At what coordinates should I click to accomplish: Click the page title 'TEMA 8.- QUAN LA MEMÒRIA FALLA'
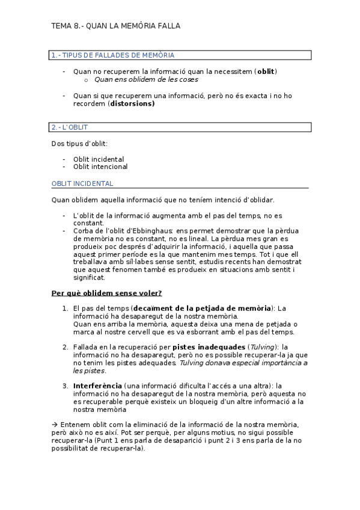pyautogui.click(x=115, y=26)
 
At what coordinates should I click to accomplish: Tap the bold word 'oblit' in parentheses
pyautogui.click(x=266, y=71)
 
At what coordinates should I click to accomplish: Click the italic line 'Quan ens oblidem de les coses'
pyautogui.click(x=146, y=79)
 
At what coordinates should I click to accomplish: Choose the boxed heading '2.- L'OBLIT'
pyautogui.click(x=70, y=127)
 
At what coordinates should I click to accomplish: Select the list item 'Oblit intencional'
pyautogui.click(x=100, y=167)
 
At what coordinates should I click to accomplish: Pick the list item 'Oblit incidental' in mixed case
pyautogui.click(x=99, y=159)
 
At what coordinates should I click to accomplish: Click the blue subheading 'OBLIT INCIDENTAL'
pyautogui.click(x=82, y=183)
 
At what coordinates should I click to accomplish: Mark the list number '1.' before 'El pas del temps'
pyautogui.click(x=65, y=309)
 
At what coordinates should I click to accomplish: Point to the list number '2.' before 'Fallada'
pyautogui.click(x=65, y=347)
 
